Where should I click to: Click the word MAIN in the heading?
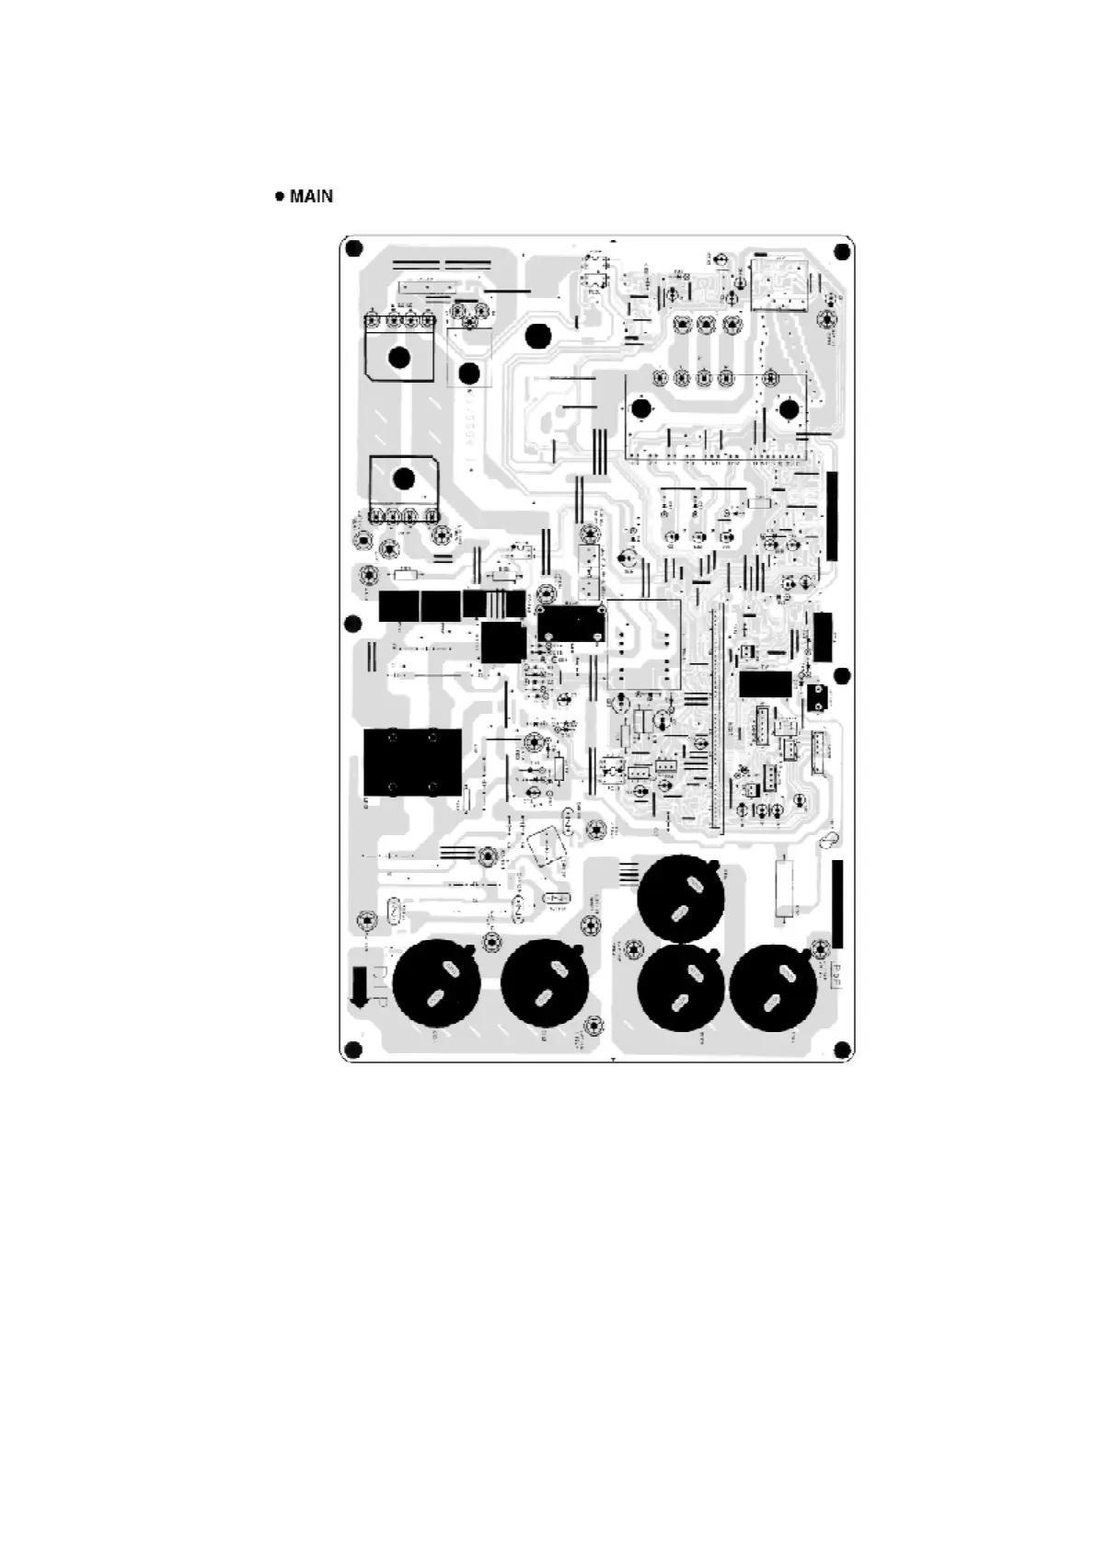click(x=311, y=196)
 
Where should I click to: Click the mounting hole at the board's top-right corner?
click(x=840, y=251)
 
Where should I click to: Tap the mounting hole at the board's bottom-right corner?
click(x=840, y=1049)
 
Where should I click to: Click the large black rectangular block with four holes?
click(x=412, y=762)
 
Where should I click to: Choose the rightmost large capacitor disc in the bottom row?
click(x=773, y=986)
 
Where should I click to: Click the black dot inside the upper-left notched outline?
click(x=398, y=358)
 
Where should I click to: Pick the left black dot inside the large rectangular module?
click(x=641, y=409)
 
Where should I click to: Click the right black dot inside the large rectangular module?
click(x=789, y=409)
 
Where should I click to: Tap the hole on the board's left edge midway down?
click(x=351, y=625)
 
